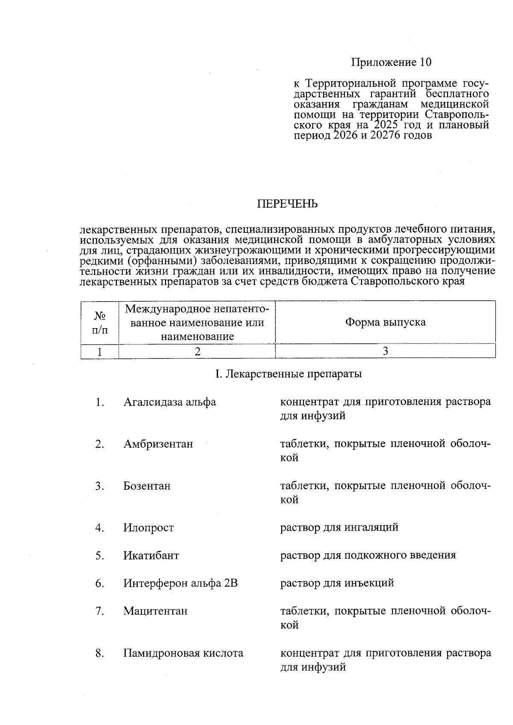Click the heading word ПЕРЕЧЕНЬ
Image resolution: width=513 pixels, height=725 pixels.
pyautogui.click(x=287, y=204)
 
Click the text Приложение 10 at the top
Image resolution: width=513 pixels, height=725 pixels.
pyautogui.click(x=391, y=62)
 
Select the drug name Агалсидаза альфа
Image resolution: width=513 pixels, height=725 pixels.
pyautogui.click(x=170, y=402)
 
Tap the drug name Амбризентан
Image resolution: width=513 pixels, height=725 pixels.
pyautogui.click(x=158, y=444)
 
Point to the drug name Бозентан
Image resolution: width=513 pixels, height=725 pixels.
pyautogui.click(x=147, y=486)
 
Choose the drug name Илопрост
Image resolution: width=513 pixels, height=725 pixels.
pyautogui.click(x=149, y=528)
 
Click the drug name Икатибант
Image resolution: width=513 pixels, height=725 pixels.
pyautogui.click(x=151, y=555)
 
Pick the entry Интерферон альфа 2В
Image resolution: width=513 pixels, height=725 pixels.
pyautogui.click(x=180, y=583)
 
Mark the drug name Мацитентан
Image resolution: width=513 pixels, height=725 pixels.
pyautogui.click(x=155, y=611)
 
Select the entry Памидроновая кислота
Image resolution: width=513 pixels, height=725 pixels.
pyautogui.click(x=183, y=653)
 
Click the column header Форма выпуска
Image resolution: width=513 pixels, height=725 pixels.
pyautogui.click(x=385, y=322)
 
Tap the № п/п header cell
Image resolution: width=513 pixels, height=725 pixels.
pyautogui.click(x=100, y=322)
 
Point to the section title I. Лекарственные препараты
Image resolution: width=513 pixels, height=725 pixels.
pyautogui.click(x=288, y=374)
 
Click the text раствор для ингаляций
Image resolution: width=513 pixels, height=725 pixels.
pyautogui.click(x=339, y=527)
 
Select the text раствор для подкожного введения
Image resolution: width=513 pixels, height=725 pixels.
pyautogui.click(x=368, y=555)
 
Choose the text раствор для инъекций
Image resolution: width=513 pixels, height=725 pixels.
pyautogui.click(x=337, y=583)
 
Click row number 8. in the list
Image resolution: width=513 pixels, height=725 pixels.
pyautogui.click(x=100, y=653)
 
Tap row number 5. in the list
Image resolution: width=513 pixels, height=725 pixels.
pyautogui.click(x=100, y=555)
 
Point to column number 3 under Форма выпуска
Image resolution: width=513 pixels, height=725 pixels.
pyautogui.click(x=385, y=351)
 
